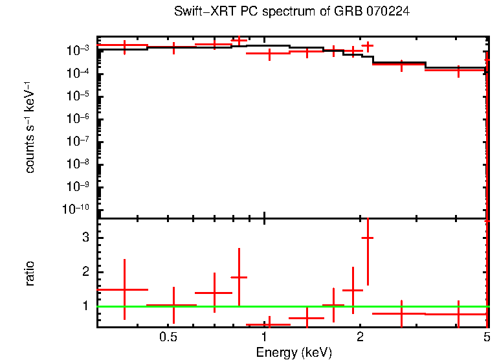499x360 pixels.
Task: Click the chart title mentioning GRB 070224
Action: click(292, 12)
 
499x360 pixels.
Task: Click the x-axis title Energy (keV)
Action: click(294, 352)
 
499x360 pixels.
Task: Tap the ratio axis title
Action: click(30, 273)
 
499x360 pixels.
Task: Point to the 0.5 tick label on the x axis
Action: click(168, 337)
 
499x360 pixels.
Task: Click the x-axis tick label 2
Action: click(360, 337)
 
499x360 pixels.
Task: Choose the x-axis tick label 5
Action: click(486, 337)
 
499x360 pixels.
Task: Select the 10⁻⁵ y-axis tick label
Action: click(80, 96)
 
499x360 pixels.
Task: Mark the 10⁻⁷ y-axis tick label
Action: click(80, 141)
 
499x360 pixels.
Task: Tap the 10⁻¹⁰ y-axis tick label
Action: click(78, 209)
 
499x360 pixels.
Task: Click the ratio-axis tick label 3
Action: click(85, 238)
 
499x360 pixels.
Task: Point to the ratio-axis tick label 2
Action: click(85, 271)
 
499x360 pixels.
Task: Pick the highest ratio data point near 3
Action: click(368, 238)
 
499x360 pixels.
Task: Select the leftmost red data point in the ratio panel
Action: click(124, 289)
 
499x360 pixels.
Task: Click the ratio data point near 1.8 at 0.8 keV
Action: click(239, 277)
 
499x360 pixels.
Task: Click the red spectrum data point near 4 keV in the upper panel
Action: click(458, 70)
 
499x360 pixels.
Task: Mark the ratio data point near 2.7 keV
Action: click(401, 313)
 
